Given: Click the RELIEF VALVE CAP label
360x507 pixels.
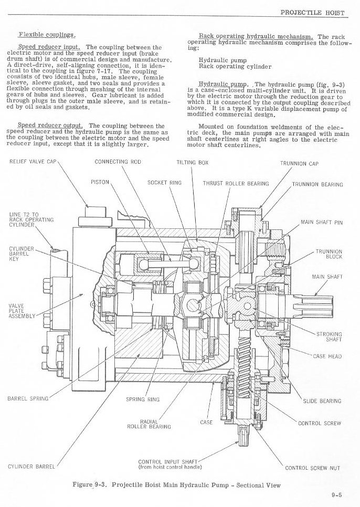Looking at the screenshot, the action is tap(33, 161).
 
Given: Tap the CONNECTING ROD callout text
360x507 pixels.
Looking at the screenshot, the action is tap(118, 162).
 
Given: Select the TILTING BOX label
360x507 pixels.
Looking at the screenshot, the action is tap(192, 162).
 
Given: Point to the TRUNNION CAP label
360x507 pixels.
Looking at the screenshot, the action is tap(299, 164).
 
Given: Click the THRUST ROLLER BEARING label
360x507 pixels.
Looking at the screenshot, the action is tap(236, 183).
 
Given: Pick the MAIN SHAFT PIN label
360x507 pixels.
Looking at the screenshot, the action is tap(322, 223).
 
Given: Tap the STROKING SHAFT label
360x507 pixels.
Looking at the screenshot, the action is tap(329, 336).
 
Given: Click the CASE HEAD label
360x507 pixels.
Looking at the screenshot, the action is tap(327, 356).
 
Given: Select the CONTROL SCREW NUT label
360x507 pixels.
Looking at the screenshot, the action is tap(312, 468).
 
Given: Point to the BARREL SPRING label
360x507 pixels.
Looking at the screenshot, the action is tap(28, 398).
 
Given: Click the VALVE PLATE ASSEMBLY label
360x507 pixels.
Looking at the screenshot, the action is tap(22, 311).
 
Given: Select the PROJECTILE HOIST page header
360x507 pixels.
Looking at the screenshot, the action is tap(312, 13).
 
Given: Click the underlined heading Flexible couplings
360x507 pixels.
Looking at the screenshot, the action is tap(47, 35).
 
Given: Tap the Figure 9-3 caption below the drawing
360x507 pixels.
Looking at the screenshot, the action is tap(176, 484).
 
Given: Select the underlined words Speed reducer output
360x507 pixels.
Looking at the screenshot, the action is tap(50, 125).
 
